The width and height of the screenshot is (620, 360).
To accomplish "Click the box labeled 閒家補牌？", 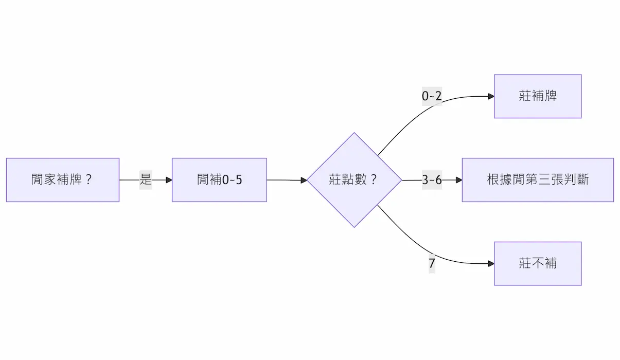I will [x=62, y=180].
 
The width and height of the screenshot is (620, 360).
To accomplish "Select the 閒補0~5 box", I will [x=219, y=180].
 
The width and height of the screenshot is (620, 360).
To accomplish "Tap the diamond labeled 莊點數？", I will [x=354, y=180].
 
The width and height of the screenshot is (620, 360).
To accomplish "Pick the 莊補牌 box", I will [x=538, y=96].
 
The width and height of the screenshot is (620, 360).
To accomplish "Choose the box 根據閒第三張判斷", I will [x=538, y=180].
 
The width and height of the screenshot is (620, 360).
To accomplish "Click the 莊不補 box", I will [x=538, y=263].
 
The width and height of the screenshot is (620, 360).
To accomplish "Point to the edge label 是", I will [x=146, y=180].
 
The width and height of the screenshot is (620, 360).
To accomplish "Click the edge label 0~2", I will [x=432, y=96].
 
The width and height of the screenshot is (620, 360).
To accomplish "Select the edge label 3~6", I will [x=432, y=180].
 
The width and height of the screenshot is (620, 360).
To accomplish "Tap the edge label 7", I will [x=432, y=264].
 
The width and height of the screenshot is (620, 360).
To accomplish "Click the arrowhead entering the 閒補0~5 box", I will [x=169, y=180].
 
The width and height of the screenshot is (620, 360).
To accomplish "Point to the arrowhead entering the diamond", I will [x=304, y=180].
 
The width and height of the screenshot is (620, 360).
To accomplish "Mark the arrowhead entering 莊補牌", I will [x=491, y=96].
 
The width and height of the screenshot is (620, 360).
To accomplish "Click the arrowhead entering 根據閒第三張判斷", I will [x=459, y=180].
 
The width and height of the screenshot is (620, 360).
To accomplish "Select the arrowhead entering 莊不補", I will [x=491, y=264].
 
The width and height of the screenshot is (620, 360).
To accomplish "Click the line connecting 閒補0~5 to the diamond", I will [x=286, y=180].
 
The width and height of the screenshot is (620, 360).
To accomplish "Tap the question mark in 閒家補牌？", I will [x=88, y=180].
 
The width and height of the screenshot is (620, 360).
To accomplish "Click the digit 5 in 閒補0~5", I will [x=239, y=180].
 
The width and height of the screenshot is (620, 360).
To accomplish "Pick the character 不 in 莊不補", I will [x=538, y=263].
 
